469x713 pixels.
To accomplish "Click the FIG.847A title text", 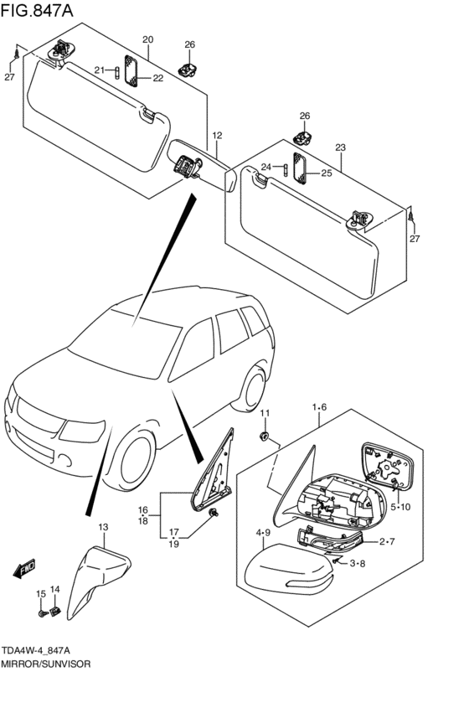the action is tap(37, 10).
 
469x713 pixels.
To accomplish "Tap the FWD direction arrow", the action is tap(24, 568).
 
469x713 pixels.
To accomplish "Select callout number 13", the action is tap(103, 527).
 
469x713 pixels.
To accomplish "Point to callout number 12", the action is tap(217, 135).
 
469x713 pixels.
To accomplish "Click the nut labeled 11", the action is tap(264, 436).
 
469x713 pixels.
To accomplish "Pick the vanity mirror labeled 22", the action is tap(131, 70).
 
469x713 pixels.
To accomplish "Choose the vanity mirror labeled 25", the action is tap(300, 168).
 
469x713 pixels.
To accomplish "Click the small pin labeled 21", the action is tap(116, 73).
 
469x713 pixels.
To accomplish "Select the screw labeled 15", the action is tap(42, 613).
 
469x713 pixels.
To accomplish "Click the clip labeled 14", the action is tap(55, 612).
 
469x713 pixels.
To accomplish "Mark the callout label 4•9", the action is tap(263, 533).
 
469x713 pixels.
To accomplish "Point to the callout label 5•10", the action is tap(399, 507).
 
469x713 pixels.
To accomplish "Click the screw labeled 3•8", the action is tap(337, 561).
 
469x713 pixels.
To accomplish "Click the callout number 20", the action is tap(147, 39).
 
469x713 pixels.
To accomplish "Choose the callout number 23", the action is tap(340, 147).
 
